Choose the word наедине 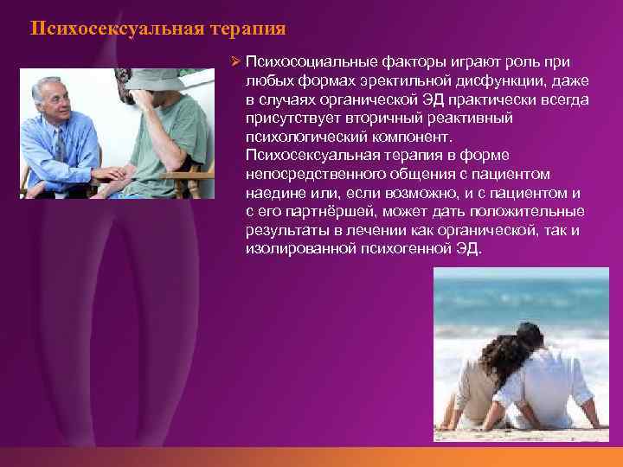(x=273, y=194)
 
